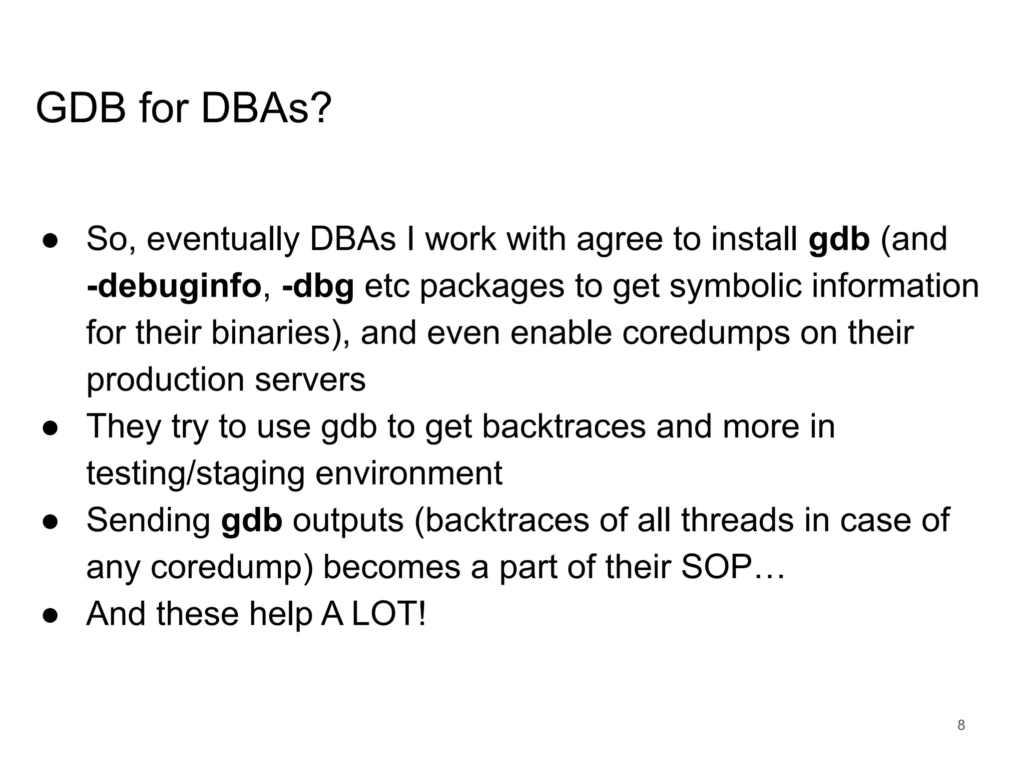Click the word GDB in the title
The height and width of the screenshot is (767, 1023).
point(80,108)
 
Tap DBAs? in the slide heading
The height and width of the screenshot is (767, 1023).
point(266,108)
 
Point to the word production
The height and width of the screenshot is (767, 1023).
point(165,380)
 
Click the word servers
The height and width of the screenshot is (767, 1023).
point(310,380)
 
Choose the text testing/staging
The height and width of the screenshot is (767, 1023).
point(195,473)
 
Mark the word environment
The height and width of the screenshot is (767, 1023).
point(409,473)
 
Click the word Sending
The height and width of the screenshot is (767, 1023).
point(148,520)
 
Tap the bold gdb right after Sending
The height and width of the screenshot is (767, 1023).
point(251,520)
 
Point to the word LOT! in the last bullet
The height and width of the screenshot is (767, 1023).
point(389,614)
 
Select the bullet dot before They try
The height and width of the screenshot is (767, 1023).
point(50,427)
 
